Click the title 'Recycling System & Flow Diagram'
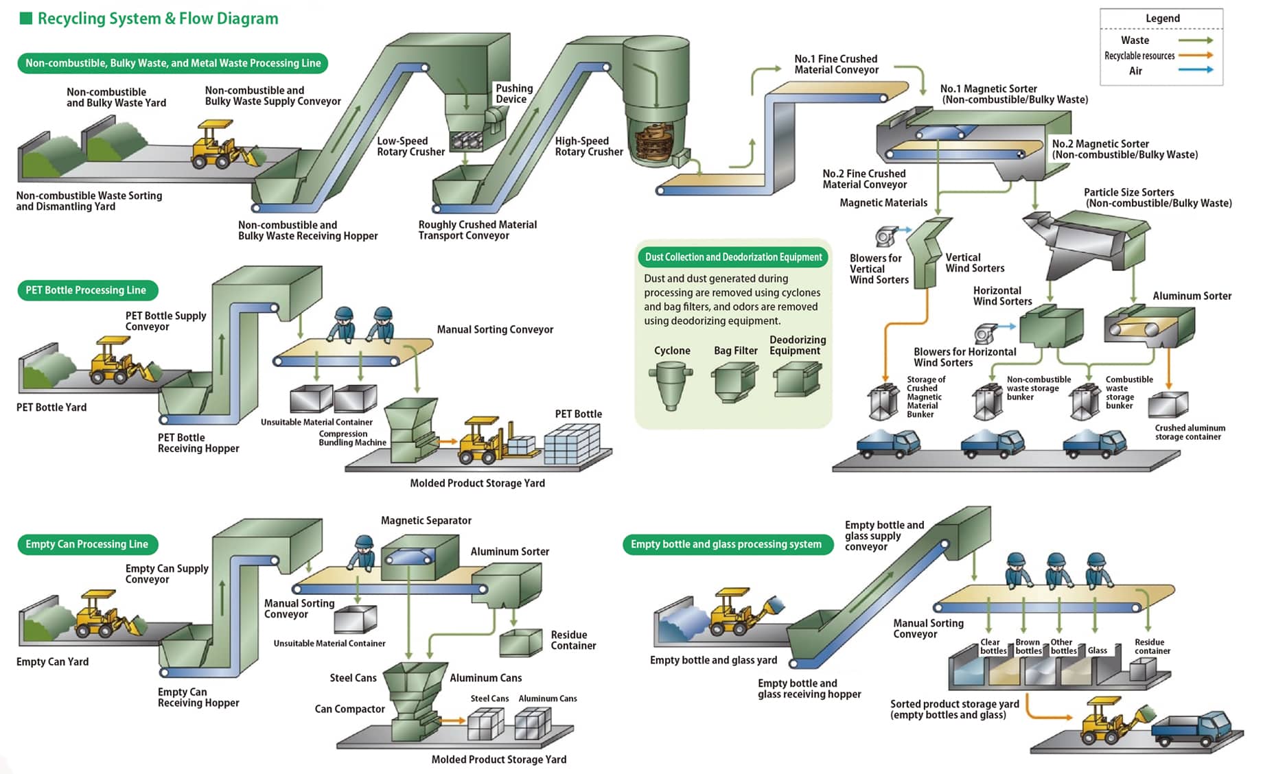click(x=157, y=19)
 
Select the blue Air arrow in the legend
click(x=1195, y=70)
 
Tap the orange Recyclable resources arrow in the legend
click(x=1195, y=56)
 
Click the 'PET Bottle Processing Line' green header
click(x=86, y=290)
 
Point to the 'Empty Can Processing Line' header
click(x=87, y=544)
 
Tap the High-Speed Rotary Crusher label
click(x=588, y=146)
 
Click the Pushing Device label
click(x=513, y=93)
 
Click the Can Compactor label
click(x=349, y=709)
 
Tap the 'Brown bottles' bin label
click(x=1028, y=646)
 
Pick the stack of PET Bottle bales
click(x=572, y=443)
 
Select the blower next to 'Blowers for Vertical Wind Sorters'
click(x=886, y=236)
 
